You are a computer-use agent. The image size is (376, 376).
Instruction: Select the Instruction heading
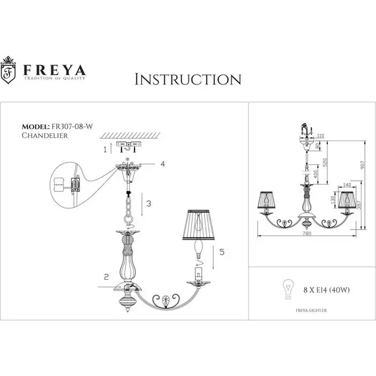(187, 80)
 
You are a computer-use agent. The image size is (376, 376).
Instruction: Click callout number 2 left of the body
(106, 277)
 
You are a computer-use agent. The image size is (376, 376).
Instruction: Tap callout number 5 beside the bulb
(222, 251)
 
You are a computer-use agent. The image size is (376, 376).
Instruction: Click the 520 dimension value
(326, 160)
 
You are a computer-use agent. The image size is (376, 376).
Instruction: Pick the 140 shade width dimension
(348, 185)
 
